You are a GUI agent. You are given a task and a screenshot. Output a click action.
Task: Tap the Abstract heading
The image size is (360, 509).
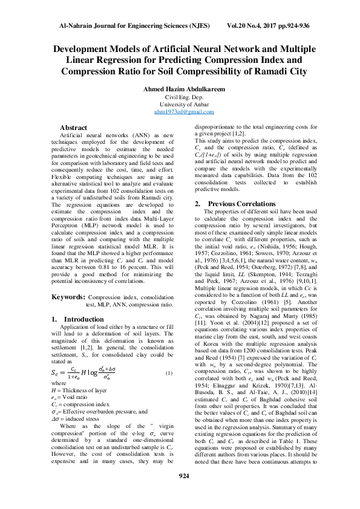click(x=73, y=128)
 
